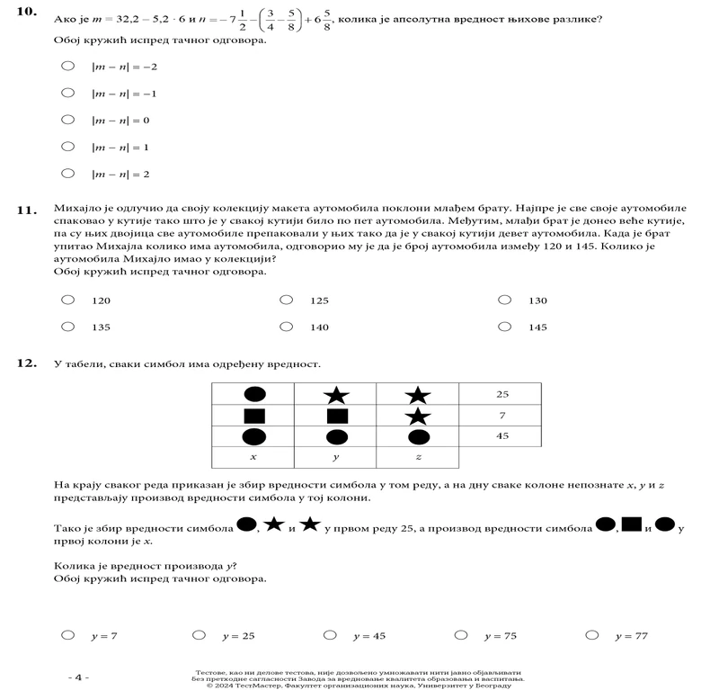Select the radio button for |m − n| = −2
coord(67,66)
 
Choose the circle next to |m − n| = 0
coord(67,119)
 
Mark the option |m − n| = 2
coord(67,173)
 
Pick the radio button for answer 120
coord(67,300)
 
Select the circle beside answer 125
coord(286,300)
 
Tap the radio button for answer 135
coord(67,327)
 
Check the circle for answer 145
coord(504,327)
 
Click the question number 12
coord(28,363)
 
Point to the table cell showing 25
coord(501,394)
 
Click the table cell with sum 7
coord(501,416)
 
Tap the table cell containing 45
coord(501,436)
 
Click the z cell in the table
coord(418,458)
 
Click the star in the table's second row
coord(418,416)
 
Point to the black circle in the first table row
coord(254,394)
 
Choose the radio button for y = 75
coord(461,635)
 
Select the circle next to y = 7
coord(67,635)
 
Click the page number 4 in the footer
coord(78,677)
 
